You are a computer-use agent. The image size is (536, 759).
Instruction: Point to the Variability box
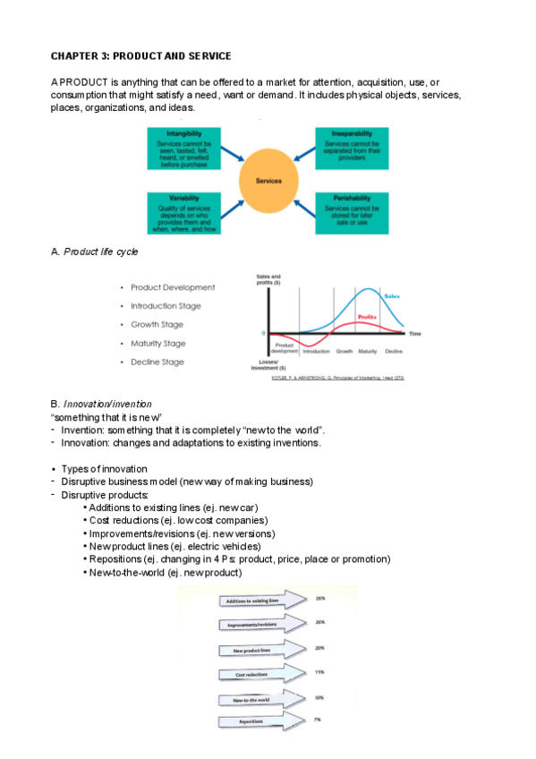[183, 213]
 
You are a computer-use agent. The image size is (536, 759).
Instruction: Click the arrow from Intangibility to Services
[228, 159]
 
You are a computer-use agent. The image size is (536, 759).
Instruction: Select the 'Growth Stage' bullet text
[157, 325]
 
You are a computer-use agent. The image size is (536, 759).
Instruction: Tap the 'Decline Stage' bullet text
[157, 362]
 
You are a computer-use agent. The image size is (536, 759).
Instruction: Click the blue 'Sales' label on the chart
[392, 296]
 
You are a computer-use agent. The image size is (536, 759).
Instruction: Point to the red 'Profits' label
[366, 317]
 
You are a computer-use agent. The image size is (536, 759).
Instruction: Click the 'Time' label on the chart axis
[414, 333]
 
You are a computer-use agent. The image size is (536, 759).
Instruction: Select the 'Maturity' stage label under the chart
[367, 351]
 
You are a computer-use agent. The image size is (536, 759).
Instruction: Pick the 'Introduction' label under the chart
[317, 351]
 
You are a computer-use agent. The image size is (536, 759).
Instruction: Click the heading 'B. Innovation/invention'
[101, 405]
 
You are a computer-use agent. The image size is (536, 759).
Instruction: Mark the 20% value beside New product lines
[319, 647]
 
